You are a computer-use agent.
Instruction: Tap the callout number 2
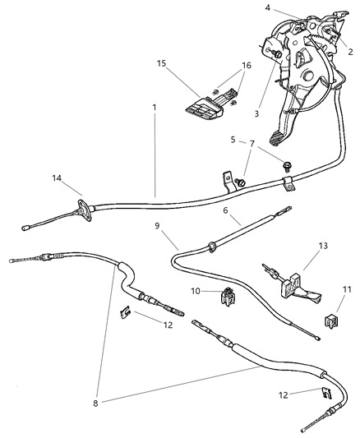click(x=349, y=50)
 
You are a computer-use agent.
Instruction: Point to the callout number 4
click(x=267, y=9)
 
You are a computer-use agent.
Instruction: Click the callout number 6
click(x=225, y=210)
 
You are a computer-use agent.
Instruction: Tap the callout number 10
click(x=196, y=291)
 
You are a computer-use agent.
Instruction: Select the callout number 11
click(x=344, y=290)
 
